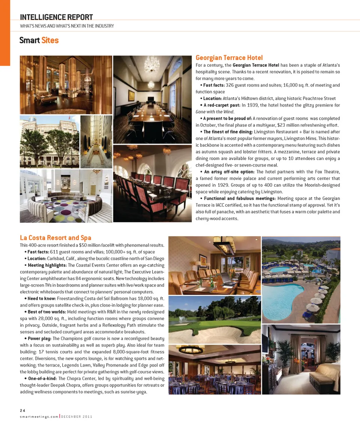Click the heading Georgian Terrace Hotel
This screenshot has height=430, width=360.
click(x=229, y=58)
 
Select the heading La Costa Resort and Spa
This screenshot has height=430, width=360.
click(x=55, y=238)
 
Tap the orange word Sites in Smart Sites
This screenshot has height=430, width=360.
click(x=50, y=40)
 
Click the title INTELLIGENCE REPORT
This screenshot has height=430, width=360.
click(x=56, y=17)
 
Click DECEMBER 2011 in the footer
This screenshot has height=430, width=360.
click(x=77, y=417)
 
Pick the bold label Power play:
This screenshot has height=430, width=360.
click(x=39, y=339)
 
